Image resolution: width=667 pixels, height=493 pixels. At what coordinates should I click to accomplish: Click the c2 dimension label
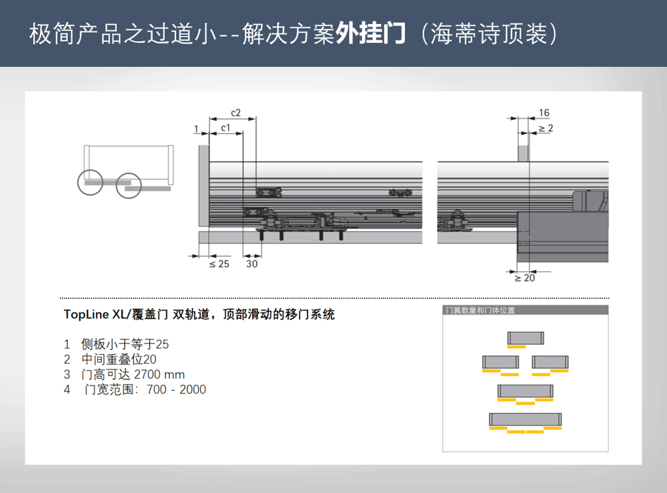(x=235, y=113)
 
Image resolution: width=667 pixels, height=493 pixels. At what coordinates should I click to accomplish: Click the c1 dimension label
(x=225, y=128)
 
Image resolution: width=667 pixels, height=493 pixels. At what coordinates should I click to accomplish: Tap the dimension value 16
(x=544, y=113)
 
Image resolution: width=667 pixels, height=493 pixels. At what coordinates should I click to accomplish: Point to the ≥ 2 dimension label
(x=546, y=128)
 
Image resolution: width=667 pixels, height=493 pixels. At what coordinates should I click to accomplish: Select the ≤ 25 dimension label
(x=219, y=264)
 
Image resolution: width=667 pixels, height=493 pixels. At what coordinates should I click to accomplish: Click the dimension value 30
(x=252, y=264)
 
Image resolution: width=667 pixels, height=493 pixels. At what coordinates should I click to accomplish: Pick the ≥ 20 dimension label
(x=525, y=278)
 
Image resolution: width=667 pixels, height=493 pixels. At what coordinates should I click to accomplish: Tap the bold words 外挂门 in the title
(x=370, y=33)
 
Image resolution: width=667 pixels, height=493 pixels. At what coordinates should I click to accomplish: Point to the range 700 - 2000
(x=176, y=389)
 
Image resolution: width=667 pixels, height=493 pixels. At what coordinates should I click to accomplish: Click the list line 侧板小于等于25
(x=125, y=344)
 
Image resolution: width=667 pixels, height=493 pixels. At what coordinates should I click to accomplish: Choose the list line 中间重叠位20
(x=119, y=359)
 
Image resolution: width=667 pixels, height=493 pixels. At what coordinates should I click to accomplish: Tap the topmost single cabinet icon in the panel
(x=526, y=338)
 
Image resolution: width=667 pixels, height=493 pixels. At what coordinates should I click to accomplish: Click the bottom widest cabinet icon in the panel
(x=526, y=420)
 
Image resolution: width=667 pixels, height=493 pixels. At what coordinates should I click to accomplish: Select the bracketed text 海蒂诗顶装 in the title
(x=488, y=33)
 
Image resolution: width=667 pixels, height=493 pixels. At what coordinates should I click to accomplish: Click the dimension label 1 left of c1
(x=196, y=129)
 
